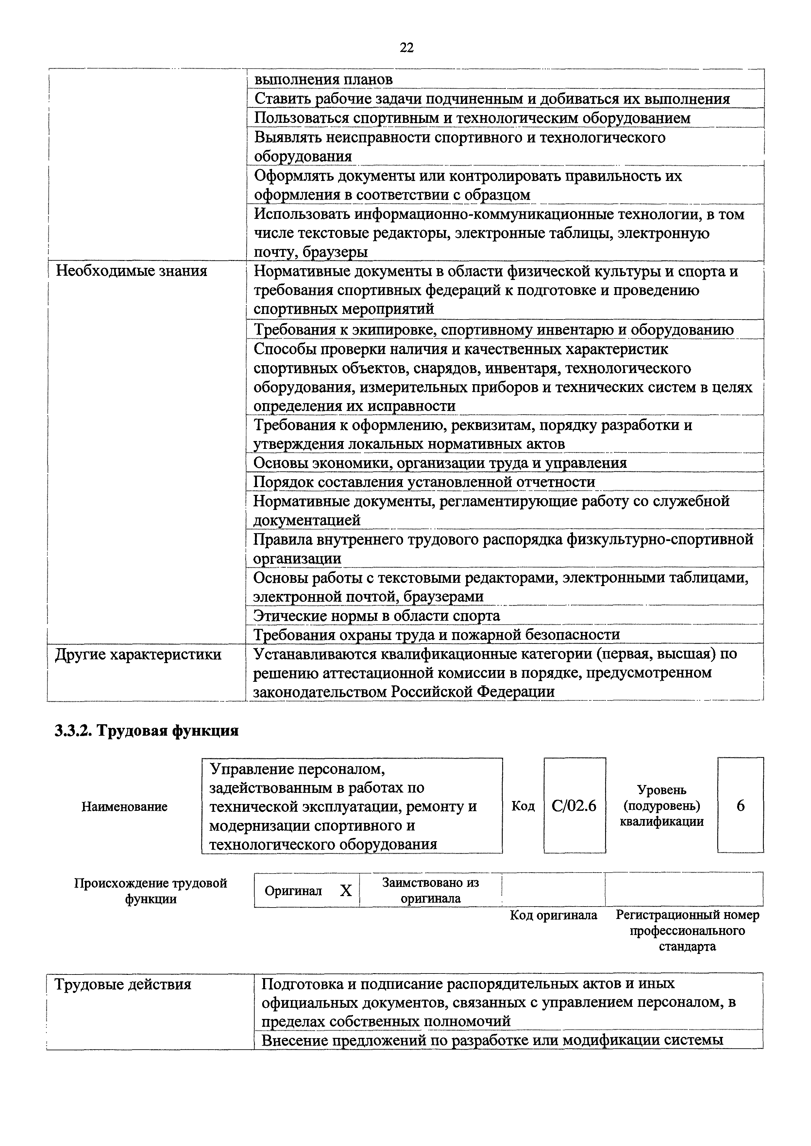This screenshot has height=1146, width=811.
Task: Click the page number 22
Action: coord(407,48)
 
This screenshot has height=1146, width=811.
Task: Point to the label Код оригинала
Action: coord(553,915)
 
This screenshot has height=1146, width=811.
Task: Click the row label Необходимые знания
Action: coord(131,271)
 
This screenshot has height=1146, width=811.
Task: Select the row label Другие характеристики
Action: coord(138,654)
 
